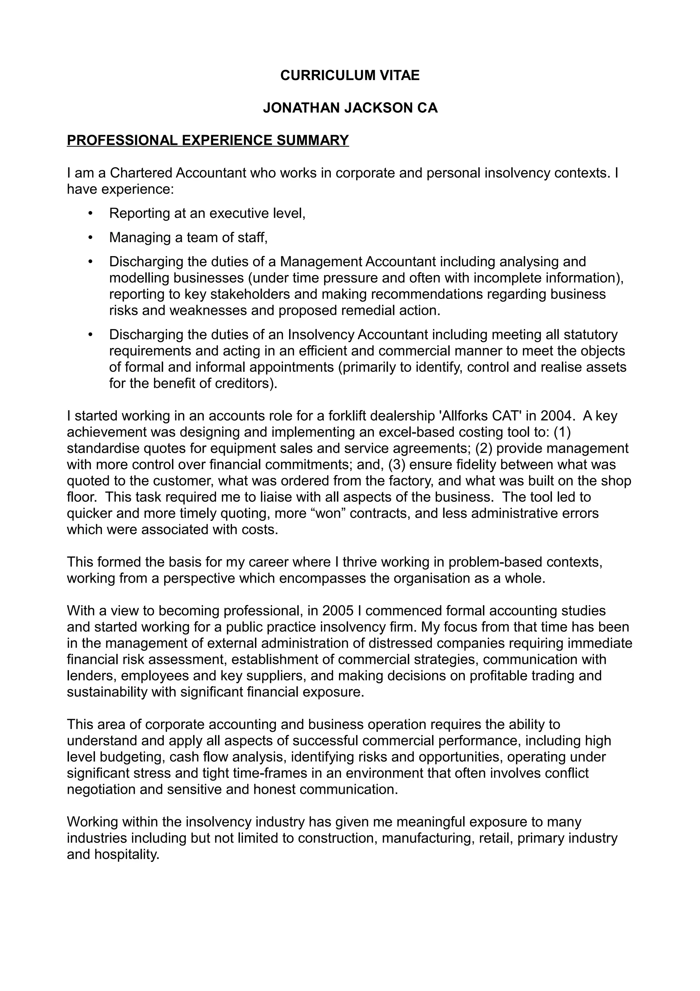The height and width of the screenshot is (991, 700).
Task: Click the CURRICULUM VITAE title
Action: tap(349, 76)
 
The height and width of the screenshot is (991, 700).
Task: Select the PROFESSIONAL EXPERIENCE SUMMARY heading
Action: tap(207, 140)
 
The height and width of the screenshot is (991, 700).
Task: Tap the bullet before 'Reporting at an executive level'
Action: tap(90, 213)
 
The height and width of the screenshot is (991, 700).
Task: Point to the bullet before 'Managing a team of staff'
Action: tap(90, 237)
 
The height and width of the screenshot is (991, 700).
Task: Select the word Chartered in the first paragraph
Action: tap(141, 173)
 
